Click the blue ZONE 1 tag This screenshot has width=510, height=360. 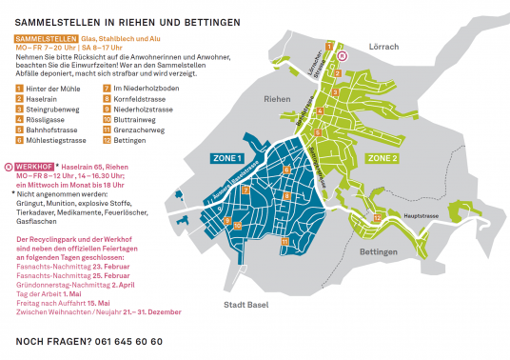(x=226, y=158)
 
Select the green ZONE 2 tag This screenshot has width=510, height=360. (x=382, y=157)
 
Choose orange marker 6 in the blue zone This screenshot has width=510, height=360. (x=285, y=169)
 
